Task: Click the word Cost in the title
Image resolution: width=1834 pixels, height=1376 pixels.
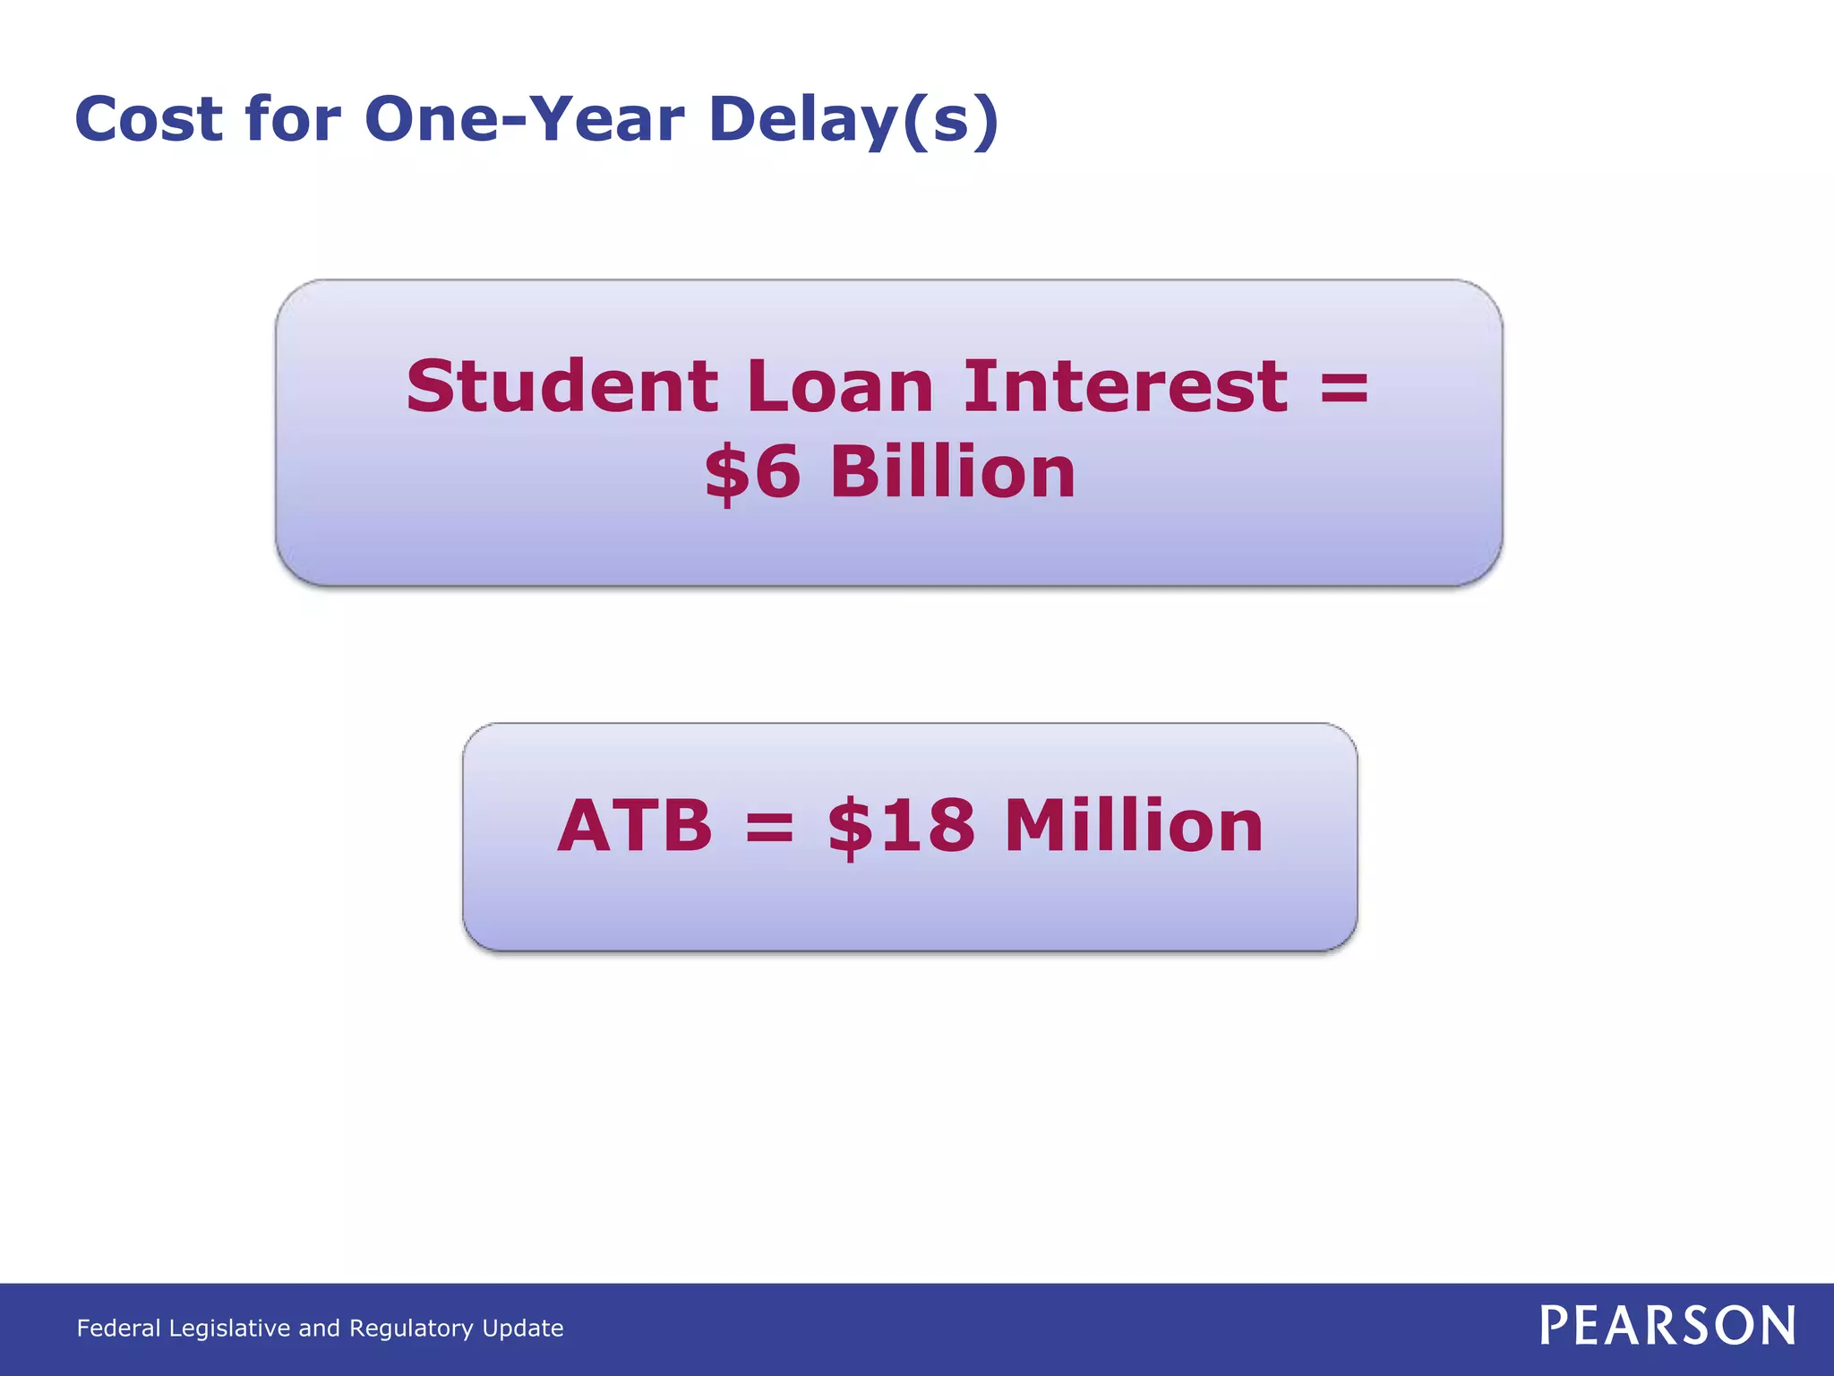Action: pyautogui.click(x=149, y=119)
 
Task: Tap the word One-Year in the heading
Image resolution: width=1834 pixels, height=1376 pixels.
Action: pyautogui.click(x=525, y=119)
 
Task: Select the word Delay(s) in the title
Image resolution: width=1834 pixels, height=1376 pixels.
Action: pyautogui.click(x=853, y=119)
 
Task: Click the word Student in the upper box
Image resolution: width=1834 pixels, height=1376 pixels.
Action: pyautogui.click(x=561, y=386)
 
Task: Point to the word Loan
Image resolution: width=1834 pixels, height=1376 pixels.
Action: pyautogui.click(x=840, y=386)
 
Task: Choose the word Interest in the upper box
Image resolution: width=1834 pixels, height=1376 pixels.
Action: pyautogui.click(x=1126, y=386)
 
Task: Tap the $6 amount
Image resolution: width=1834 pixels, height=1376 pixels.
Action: pyautogui.click(x=752, y=472)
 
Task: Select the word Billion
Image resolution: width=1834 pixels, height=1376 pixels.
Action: pyautogui.click(x=953, y=472)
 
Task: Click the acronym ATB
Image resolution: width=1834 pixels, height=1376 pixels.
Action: pyautogui.click(x=635, y=826)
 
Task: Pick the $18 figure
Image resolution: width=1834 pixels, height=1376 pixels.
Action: pyautogui.click(x=901, y=826)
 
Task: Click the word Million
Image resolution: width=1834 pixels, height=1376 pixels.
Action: pyautogui.click(x=1134, y=826)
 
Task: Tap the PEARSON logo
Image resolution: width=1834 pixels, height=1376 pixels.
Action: pyautogui.click(x=1667, y=1326)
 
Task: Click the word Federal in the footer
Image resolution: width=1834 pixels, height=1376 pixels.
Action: pyautogui.click(x=118, y=1328)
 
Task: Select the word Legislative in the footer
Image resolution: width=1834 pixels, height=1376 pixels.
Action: pyautogui.click(x=230, y=1328)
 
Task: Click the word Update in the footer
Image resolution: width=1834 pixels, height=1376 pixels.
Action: pyautogui.click(x=523, y=1328)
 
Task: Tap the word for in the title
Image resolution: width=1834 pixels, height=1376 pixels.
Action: pyautogui.click(x=293, y=119)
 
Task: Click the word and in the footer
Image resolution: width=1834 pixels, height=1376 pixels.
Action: pyautogui.click(x=320, y=1328)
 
